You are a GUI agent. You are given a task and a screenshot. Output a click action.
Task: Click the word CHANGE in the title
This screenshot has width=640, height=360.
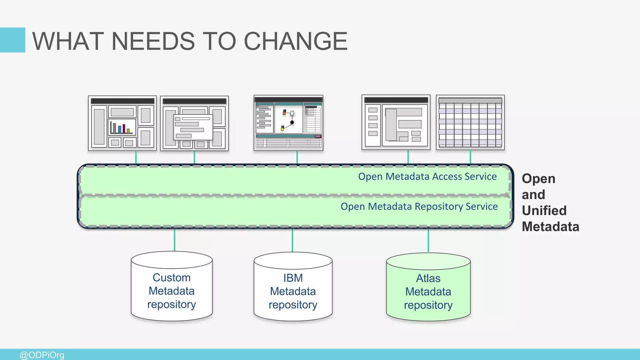tap(295, 41)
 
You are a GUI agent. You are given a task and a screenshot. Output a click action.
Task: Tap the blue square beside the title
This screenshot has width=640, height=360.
tap(12, 40)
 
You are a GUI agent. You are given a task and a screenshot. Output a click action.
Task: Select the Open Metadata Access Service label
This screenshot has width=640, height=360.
tap(427, 177)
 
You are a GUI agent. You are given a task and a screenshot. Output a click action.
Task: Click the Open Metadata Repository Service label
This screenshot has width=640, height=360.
tap(419, 207)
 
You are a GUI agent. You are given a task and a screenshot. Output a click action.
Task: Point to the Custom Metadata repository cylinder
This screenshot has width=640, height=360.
tap(172, 291)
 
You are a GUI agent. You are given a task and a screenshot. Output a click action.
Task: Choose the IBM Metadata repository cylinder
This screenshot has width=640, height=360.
tap(293, 291)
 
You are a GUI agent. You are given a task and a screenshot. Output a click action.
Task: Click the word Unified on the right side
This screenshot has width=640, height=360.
tap(544, 211)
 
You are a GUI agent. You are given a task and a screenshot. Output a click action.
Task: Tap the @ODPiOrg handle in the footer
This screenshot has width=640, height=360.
tap(42, 355)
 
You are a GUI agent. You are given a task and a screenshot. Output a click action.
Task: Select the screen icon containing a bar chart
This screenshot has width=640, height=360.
tap(122, 123)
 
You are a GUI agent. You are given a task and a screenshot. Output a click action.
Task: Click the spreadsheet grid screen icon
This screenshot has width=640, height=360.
tap(470, 122)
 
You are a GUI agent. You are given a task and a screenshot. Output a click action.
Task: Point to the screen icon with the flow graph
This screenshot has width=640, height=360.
tap(288, 123)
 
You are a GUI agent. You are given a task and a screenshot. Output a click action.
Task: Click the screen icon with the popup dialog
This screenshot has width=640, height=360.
tap(194, 123)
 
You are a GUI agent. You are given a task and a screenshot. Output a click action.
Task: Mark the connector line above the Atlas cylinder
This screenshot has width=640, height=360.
tap(428, 240)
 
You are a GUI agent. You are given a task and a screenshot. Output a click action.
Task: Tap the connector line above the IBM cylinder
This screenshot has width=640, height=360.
tap(292, 240)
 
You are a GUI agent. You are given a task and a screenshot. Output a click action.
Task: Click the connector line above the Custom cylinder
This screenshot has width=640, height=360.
tap(174, 240)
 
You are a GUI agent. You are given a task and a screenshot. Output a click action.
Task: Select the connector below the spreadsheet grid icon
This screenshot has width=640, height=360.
tap(470, 157)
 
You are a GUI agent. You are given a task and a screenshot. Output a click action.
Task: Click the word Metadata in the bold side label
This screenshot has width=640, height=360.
tap(550, 227)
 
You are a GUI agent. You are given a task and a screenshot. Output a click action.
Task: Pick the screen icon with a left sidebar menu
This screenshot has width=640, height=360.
tap(396, 122)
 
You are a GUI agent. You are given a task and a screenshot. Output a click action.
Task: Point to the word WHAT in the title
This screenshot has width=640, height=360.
tap(68, 41)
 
